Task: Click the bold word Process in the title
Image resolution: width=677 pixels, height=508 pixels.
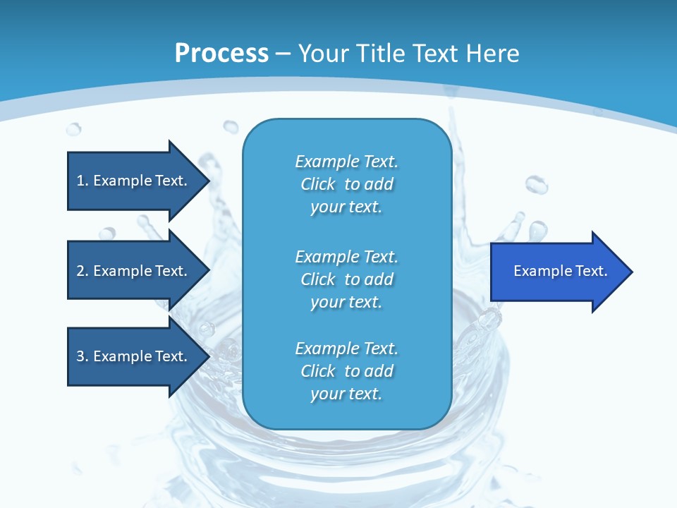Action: click(221, 54)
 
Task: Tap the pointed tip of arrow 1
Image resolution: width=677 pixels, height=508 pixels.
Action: click(207, 181)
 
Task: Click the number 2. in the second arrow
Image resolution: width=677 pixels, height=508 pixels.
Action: click(82, 271)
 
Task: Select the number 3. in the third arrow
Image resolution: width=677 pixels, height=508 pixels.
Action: click(82, 356)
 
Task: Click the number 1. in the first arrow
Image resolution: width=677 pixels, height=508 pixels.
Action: click(82, 181)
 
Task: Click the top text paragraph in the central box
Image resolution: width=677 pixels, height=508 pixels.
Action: click(346, 184)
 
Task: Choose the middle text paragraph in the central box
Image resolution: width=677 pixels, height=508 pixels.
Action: click(346, 279)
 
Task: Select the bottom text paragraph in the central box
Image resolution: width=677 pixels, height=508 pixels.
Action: click(346, 371)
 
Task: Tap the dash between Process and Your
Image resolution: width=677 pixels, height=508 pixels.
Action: click(283, 54)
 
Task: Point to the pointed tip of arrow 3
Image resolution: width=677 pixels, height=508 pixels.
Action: click(207, 356)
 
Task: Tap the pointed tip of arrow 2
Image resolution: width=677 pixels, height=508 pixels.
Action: click(207, 271)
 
